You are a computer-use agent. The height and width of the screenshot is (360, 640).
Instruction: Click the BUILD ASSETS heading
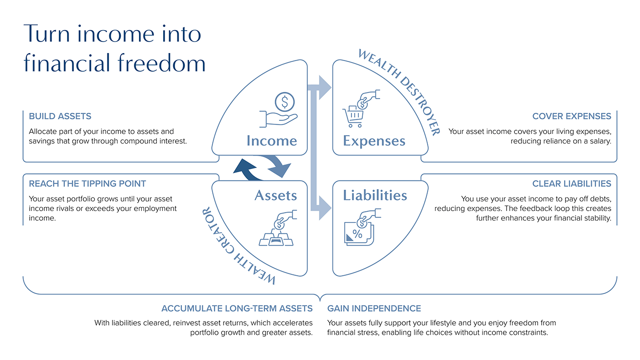(x=60, y=116)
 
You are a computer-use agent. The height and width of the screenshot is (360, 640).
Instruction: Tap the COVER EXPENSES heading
(x=572, y=116)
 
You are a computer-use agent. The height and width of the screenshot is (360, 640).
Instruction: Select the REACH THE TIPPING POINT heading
(x=87, y=184)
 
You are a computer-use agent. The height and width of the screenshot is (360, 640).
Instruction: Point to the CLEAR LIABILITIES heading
(x=572, y=184)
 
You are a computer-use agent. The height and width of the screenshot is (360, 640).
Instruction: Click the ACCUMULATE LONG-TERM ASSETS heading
(x=237, y=308)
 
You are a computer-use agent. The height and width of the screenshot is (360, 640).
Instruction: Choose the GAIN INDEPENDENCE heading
(x=374, y=308)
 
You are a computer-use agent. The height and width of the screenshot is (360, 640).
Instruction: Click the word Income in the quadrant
(x=272, y=141)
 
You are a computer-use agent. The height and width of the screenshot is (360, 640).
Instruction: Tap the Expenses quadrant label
(x=374, y=141)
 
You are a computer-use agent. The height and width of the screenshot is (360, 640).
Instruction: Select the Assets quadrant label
(x=276, y=195)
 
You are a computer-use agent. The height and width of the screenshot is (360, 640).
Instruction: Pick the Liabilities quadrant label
(x=375, y=195)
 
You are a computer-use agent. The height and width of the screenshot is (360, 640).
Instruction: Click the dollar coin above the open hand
(x=284, y=102)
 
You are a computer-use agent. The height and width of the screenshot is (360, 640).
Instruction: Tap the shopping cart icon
(x=353, y=117)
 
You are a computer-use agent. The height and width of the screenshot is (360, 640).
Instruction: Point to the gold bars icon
(x=276, y=239)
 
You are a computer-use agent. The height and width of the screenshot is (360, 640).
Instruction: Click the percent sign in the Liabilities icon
(x=357, y=234)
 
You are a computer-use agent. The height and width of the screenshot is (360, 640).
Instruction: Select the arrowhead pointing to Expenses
(x=325, y=87)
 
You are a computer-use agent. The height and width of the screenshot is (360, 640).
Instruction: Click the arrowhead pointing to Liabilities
(x=325, y=208)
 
